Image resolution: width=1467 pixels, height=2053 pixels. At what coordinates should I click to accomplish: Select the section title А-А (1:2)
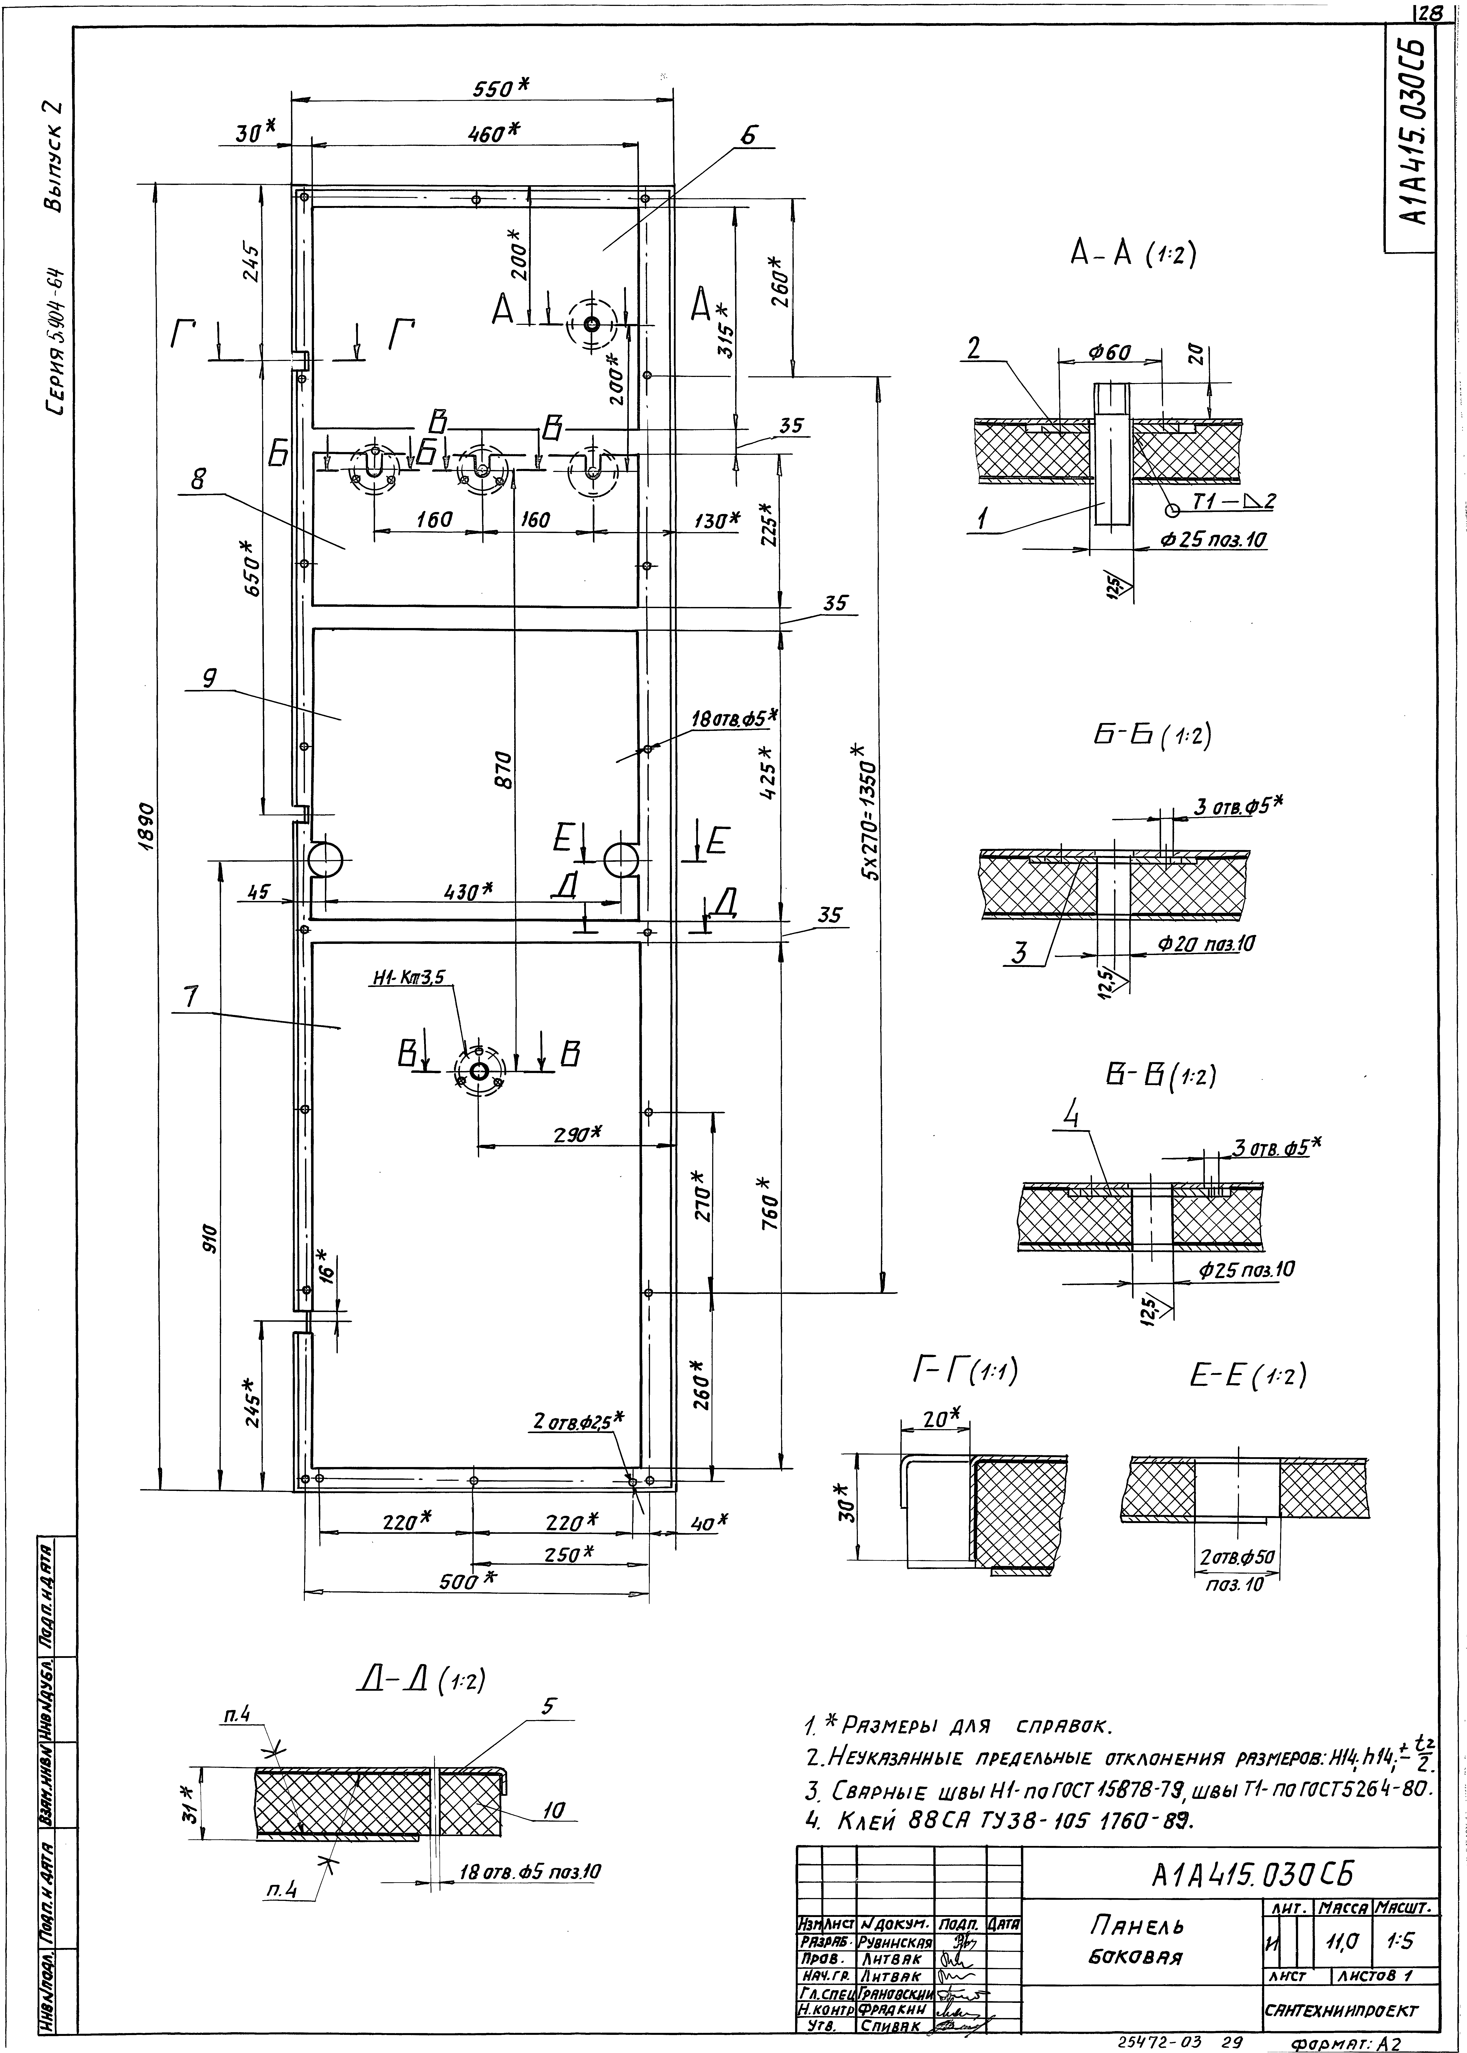tap(1133, 256)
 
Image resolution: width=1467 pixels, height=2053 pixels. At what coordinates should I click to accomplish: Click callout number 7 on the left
tap(190, 997)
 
